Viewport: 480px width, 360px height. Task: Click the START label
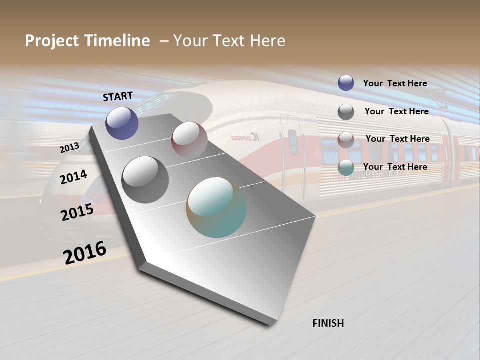point(118,96)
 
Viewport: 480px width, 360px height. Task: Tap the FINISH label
point(328,323)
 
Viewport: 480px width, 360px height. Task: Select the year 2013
point(69,148)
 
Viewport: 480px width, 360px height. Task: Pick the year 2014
point(73,177)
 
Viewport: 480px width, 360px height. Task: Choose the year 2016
point(85,252)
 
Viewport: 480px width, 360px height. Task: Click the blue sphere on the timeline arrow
point(122,123)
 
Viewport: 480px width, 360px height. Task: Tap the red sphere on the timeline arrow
point(189,139)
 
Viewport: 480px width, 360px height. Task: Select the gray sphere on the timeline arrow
point(145,179)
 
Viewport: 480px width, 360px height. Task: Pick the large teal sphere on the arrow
point(216,207)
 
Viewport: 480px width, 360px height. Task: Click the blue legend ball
point(346,83)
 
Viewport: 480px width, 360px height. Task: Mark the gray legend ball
point(346,112)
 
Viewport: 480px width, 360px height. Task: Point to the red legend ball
point(346,140)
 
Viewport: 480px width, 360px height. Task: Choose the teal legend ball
point(346,167)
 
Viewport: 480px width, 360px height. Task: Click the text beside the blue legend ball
point(395,83)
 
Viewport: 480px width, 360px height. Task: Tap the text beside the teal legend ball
point(395,167)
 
